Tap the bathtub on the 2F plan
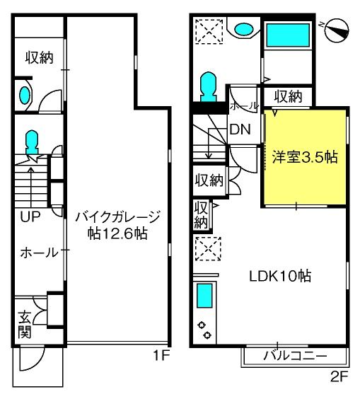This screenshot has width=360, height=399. click(x=288, y=35)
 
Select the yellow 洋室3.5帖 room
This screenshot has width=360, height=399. click(x=305, y=157)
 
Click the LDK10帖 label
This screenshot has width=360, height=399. click(x=280, y=276)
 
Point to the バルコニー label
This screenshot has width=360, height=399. click(x=295, y=355)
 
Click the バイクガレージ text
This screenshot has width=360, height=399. click(x=117, y=216)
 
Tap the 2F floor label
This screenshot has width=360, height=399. click(x=339, y=377)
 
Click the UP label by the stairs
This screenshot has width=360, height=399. click(x=30, y=216)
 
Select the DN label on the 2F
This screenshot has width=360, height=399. click(x=240, y=129)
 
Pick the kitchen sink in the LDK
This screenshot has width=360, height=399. click(x=204, y=296)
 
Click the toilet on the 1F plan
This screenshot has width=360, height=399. click(x=33, y=142)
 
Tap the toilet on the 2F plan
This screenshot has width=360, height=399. click(x=209, y=87)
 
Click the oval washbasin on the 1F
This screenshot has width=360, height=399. click(x=25, y=96)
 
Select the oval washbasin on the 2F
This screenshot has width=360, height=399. click(x=244, y=29)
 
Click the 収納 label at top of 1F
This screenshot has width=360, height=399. click(x=39, y=58)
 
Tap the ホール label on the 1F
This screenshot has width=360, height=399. click(x=40, y=253)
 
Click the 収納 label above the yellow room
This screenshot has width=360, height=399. click(x=288, y=96)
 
